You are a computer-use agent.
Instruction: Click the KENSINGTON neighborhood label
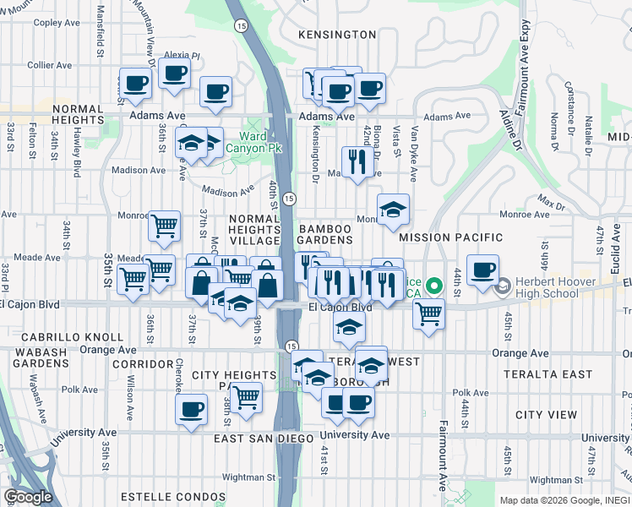337,35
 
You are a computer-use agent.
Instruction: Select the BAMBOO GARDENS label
324,234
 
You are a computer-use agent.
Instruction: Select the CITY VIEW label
546,415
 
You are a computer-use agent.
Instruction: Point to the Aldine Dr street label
509,124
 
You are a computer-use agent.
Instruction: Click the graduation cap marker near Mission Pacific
393,211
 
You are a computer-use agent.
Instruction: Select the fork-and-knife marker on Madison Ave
357,162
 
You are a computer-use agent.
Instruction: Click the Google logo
28,497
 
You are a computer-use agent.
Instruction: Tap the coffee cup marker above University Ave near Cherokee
192,412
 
